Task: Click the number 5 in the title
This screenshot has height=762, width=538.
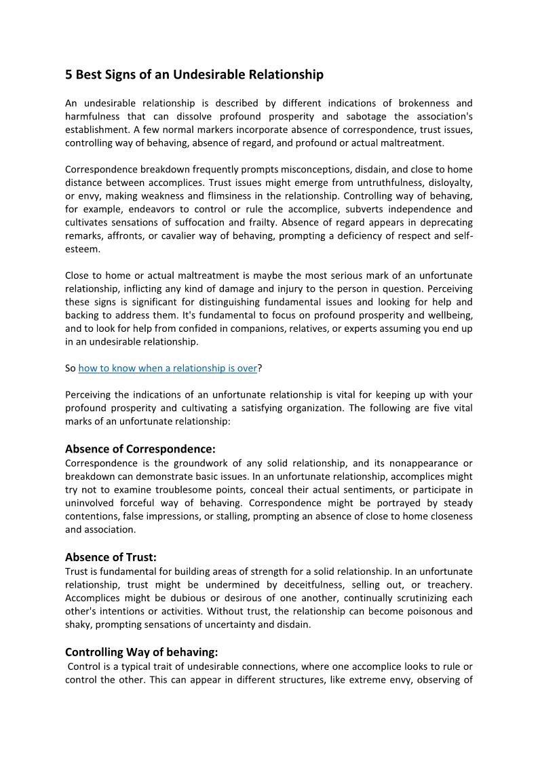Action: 69,75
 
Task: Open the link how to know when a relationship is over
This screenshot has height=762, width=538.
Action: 168,368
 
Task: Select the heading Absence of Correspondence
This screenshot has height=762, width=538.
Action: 140,449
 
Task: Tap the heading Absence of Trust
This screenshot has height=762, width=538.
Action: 111,557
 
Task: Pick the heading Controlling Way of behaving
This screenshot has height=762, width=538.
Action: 142,652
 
